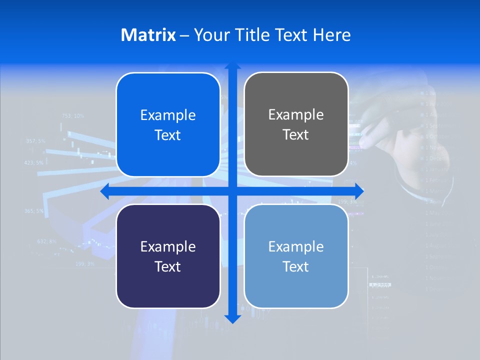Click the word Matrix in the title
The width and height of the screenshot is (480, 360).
tap(148, 35)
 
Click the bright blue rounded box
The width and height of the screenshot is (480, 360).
tap(168, 124)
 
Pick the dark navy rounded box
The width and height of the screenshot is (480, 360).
tap(168, 256)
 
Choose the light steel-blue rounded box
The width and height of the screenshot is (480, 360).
tap(296, 256)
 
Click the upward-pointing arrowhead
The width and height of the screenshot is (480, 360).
tap(232, 65)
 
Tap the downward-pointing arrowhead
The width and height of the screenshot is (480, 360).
tap(232, 318)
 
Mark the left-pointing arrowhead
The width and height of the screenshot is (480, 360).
tap(104, 191)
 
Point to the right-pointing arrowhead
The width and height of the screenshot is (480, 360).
tap(359, 191)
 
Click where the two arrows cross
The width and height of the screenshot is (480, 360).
tap(232, 191)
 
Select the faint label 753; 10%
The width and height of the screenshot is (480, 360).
tap(73, 116)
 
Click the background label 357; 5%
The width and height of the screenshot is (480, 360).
tap(35, 141)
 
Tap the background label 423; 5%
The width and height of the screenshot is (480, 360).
tap(34, 163)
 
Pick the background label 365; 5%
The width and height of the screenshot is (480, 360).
tap(34, 211)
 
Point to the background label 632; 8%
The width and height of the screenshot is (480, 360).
tap(47, 241)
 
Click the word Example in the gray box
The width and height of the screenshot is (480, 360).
tap(296, 114)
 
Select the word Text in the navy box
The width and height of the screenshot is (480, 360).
tap(167, 266)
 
